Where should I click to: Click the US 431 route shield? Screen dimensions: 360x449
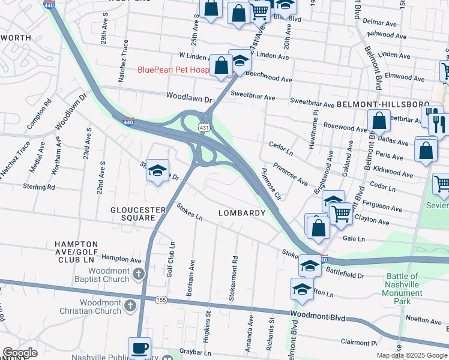205,128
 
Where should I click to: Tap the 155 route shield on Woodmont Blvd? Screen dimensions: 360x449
161,299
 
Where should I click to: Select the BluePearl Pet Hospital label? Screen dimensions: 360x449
174,70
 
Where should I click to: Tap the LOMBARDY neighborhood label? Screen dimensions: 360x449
242,213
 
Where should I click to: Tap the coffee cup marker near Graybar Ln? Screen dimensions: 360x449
139,348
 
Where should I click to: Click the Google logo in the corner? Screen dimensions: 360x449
20,353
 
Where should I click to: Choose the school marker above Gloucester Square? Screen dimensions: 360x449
157,172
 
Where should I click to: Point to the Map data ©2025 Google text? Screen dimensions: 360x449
412,355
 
